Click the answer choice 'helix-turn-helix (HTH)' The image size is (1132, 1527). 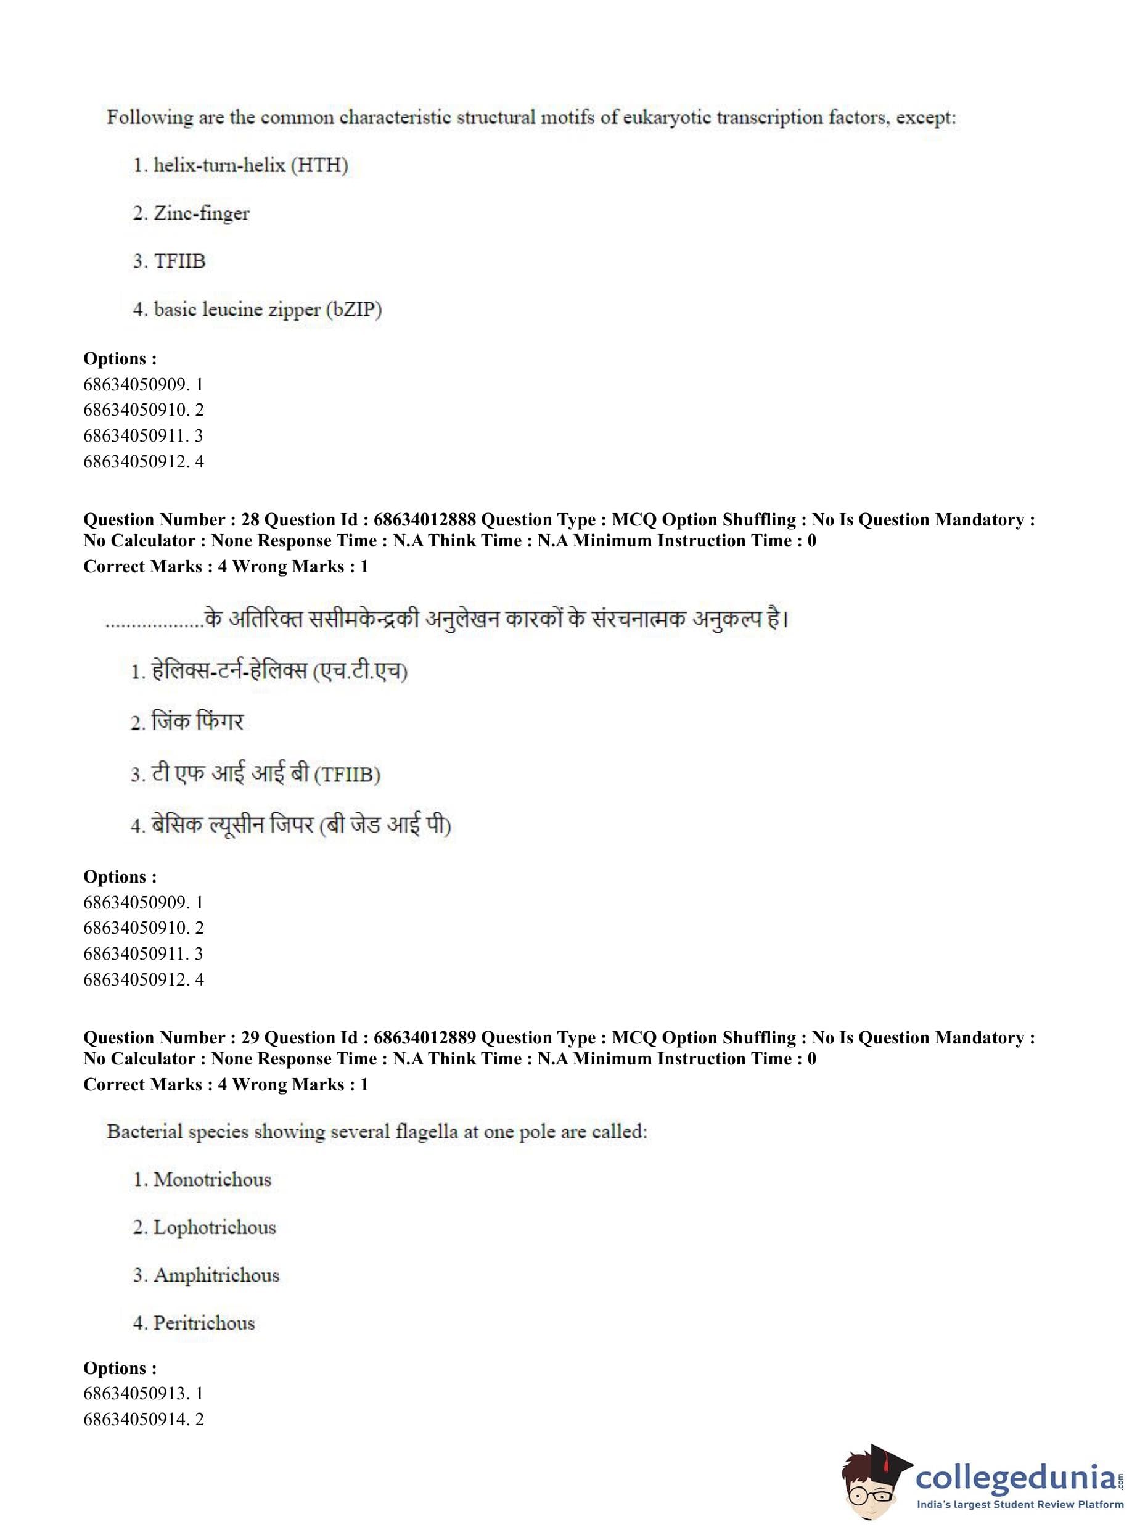(250, 165)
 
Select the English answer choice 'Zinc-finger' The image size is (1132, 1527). (201, 213)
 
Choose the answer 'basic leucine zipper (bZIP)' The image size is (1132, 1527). (267, 309)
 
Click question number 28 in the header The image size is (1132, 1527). (250, 519)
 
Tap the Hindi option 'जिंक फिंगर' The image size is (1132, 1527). (197, 721)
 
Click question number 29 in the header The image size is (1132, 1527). (250, 1038)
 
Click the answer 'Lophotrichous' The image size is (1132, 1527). (214, 1227)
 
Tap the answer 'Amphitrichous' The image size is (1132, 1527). (216, 1275)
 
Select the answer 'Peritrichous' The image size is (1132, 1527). (203, 1323)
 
